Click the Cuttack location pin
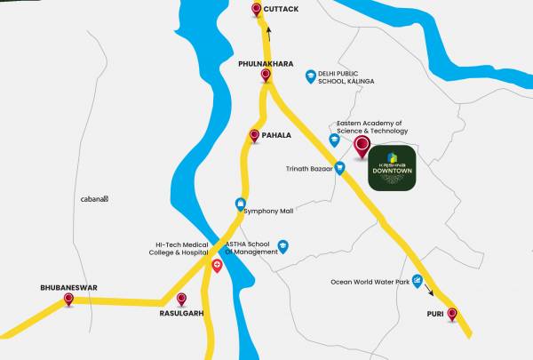257,10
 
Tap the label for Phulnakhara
265,65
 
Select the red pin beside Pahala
254,136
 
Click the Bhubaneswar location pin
68,300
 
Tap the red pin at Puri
452,314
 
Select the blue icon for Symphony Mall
240,204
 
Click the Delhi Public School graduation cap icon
310,76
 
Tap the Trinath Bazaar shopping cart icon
339,168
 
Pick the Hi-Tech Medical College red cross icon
217,266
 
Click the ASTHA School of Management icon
283,246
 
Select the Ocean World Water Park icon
416,282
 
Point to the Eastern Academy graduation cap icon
335,140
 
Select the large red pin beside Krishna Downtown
362,147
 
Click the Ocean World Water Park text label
370,283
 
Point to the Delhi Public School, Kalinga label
346,77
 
